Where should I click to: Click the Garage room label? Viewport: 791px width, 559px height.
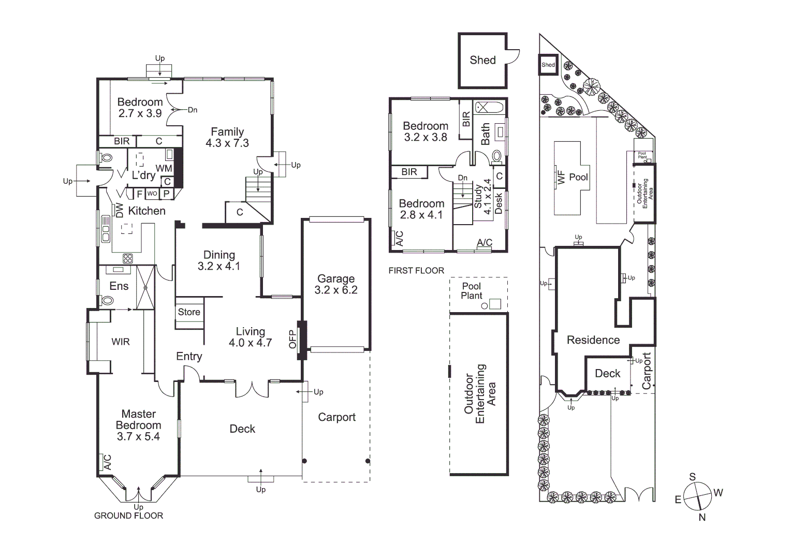coord(336,279)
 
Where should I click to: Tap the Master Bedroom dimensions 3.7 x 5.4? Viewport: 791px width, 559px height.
coord(138,436)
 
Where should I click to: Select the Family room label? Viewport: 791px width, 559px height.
coord(227,132)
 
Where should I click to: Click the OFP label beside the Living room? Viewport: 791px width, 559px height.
coord(292,340)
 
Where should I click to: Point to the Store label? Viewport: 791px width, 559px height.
coord(189,312)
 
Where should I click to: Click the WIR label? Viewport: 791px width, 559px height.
coord(121,342)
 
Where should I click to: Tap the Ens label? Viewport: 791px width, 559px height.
coord(119,286)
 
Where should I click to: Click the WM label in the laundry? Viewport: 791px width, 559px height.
coord(164,169)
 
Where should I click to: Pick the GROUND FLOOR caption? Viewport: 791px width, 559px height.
coord(128,516)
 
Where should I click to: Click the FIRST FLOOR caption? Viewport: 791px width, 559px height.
coord(416,270)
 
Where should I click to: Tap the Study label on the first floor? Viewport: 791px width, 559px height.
coord(478,197)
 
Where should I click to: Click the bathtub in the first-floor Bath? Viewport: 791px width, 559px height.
coord(489,108)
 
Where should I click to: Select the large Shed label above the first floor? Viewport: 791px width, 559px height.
coord(482,60)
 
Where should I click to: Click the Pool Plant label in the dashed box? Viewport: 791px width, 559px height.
coord(472,291)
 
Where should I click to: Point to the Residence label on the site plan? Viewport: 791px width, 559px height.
coord(593,340)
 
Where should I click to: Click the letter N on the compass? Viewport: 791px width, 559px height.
coord(702,517)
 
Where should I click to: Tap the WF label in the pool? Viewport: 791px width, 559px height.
coord(561,177)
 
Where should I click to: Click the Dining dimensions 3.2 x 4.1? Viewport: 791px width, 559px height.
coord(219,267)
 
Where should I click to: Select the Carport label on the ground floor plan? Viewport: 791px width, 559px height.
coord(336,417)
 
